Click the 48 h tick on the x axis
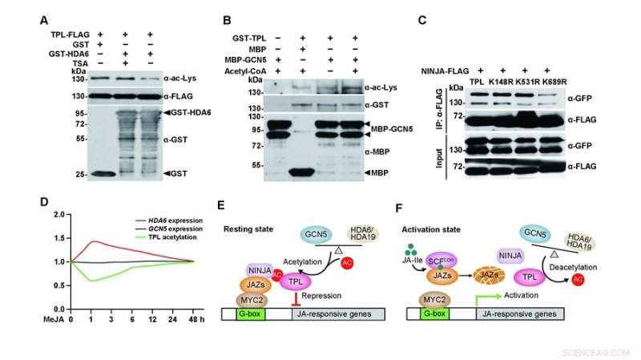point(192,318)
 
